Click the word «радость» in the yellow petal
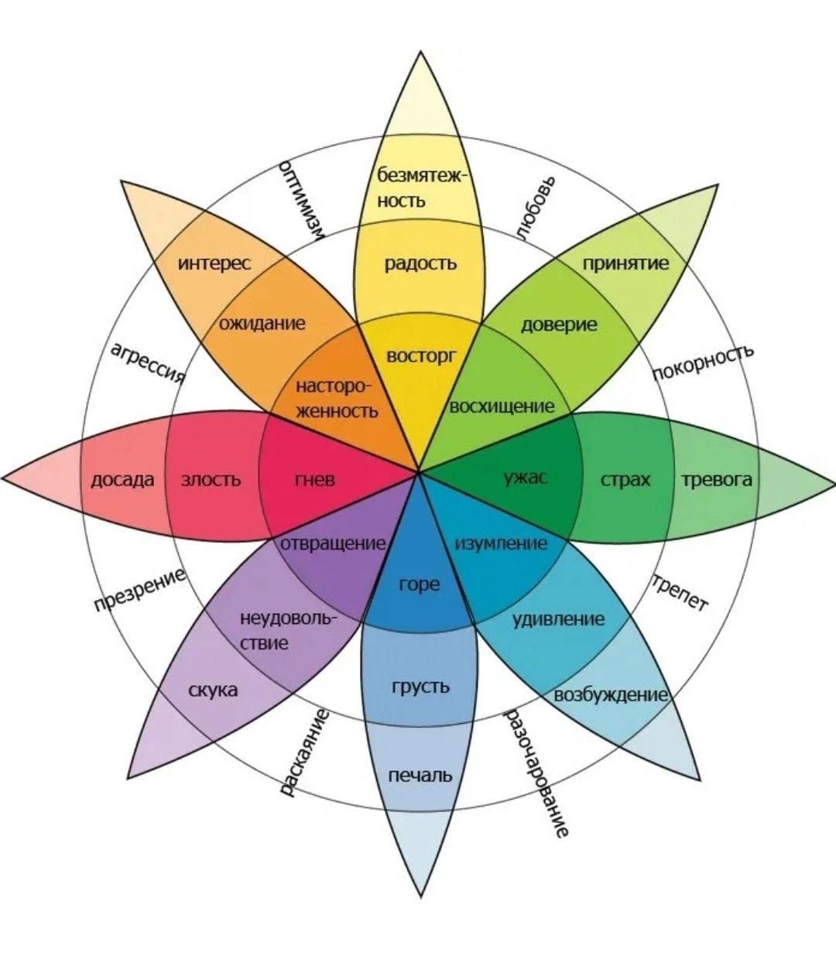tap(420, 264)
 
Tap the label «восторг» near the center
tap(421, 356)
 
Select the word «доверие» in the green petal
tap(559, 324)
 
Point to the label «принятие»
tap(625, 263)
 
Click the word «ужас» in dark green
tap(526, 478)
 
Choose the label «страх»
tap(625, 480)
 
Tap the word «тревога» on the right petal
tap(717, 480)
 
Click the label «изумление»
tap(500, 543)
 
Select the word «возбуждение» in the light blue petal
tap(611, 694)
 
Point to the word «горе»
tap(420, 584)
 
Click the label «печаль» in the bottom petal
tap(420, 775)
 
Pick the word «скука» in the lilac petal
tap(213, 690)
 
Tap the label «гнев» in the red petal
tap(315, 480)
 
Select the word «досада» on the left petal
tap(122, 480)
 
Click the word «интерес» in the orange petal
tap(214, 263)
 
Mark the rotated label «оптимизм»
tap(301, 197)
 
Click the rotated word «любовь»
tap(535, 208)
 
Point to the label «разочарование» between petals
tap(537, 774)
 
